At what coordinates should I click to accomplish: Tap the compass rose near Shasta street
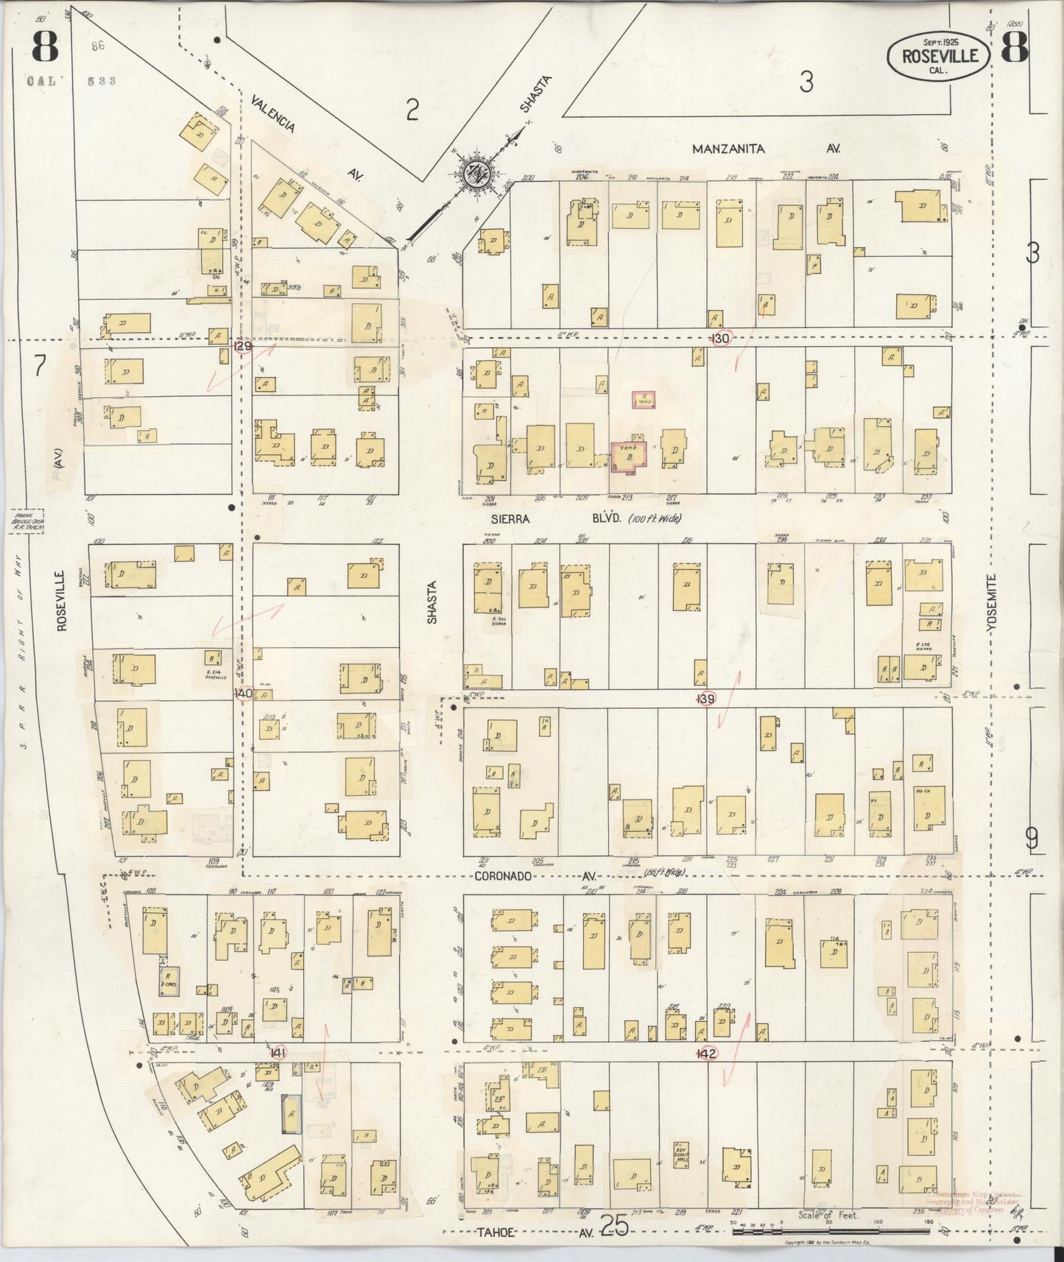point(477,173)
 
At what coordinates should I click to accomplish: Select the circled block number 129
point(242,345)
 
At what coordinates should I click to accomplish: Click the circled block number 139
point(707,699)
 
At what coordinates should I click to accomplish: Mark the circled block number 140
point(243,694)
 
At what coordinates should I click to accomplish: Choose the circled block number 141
point(277,1053)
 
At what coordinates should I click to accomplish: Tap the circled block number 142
point(708,1054)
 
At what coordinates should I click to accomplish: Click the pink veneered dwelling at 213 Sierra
point(628,456)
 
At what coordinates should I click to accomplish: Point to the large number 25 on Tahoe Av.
point(612,1225)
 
